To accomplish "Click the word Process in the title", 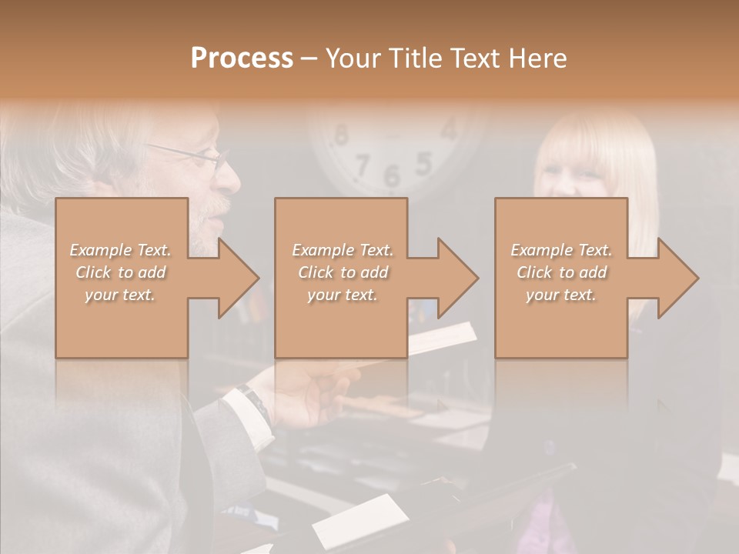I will [242, 58].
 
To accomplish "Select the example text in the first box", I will [121, 272].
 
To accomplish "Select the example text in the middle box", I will [343, 272].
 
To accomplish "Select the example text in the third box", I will [561, 272].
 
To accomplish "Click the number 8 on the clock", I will [339, 135].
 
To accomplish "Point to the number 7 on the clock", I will [363, 163].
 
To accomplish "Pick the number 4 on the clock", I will [449, 128].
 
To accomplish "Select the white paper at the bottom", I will [361, 520].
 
